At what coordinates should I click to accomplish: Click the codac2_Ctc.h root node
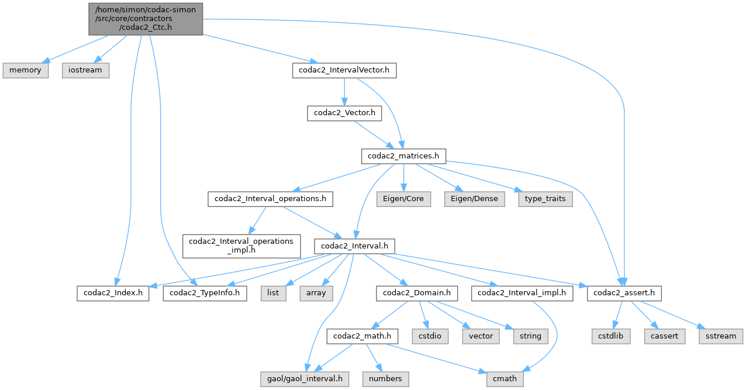pos(146,18)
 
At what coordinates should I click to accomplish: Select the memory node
pos(25,70)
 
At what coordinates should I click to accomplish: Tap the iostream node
pos(85,70)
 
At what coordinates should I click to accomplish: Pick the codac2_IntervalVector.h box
pos(344,71)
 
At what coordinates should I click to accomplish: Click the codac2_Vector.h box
pos(344,113)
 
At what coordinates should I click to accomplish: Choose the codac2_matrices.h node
pos(404,156)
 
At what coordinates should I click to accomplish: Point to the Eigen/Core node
pos(404,199)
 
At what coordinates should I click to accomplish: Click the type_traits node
pos(544,199)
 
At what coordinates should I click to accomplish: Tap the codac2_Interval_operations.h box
pos(270,199)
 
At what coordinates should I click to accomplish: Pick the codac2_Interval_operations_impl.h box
pos(241,246)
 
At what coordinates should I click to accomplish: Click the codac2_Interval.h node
pos(354,246)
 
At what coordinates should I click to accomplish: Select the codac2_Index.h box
pos(113,292)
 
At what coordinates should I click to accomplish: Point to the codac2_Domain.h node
pos(417,292)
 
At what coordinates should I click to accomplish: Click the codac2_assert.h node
pos(624,292)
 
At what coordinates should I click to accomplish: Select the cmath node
pos(505,378)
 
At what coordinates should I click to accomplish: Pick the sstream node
pos(721,336)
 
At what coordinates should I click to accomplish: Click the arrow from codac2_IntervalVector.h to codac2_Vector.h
pos(344,92)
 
